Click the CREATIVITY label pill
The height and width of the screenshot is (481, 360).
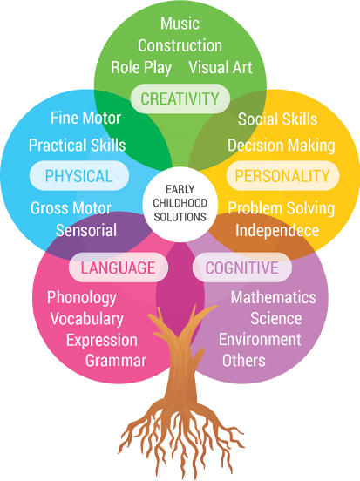click(180, 98)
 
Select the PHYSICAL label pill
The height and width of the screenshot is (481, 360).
click(79, 176)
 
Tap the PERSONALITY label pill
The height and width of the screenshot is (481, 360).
click(282, 176)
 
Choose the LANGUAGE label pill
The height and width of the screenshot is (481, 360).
click(119, 268)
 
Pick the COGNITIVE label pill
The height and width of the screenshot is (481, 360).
click(242, 268)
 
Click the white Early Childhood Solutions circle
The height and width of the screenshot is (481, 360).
click(180, 203)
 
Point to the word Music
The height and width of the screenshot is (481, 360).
click(180, 24)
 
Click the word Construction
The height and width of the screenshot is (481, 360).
click(180, 45)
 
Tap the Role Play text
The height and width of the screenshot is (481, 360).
click(141, 68)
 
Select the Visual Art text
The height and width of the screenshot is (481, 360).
click(221, 67)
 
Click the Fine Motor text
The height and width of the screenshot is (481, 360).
click(85, 118)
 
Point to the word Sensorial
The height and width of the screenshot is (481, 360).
click(86, 230)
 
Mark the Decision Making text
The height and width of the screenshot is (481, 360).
click(282, 146)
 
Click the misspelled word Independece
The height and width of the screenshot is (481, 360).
click(277, 230)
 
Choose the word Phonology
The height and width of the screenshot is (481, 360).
click(82, 298)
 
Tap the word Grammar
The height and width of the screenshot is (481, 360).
click(116, 361)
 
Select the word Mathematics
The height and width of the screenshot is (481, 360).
click(273, 297)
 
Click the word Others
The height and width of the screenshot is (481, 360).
click(244, 361)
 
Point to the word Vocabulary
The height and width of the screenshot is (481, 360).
click(87, 319)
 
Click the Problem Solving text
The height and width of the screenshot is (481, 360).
click(282, 208)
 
